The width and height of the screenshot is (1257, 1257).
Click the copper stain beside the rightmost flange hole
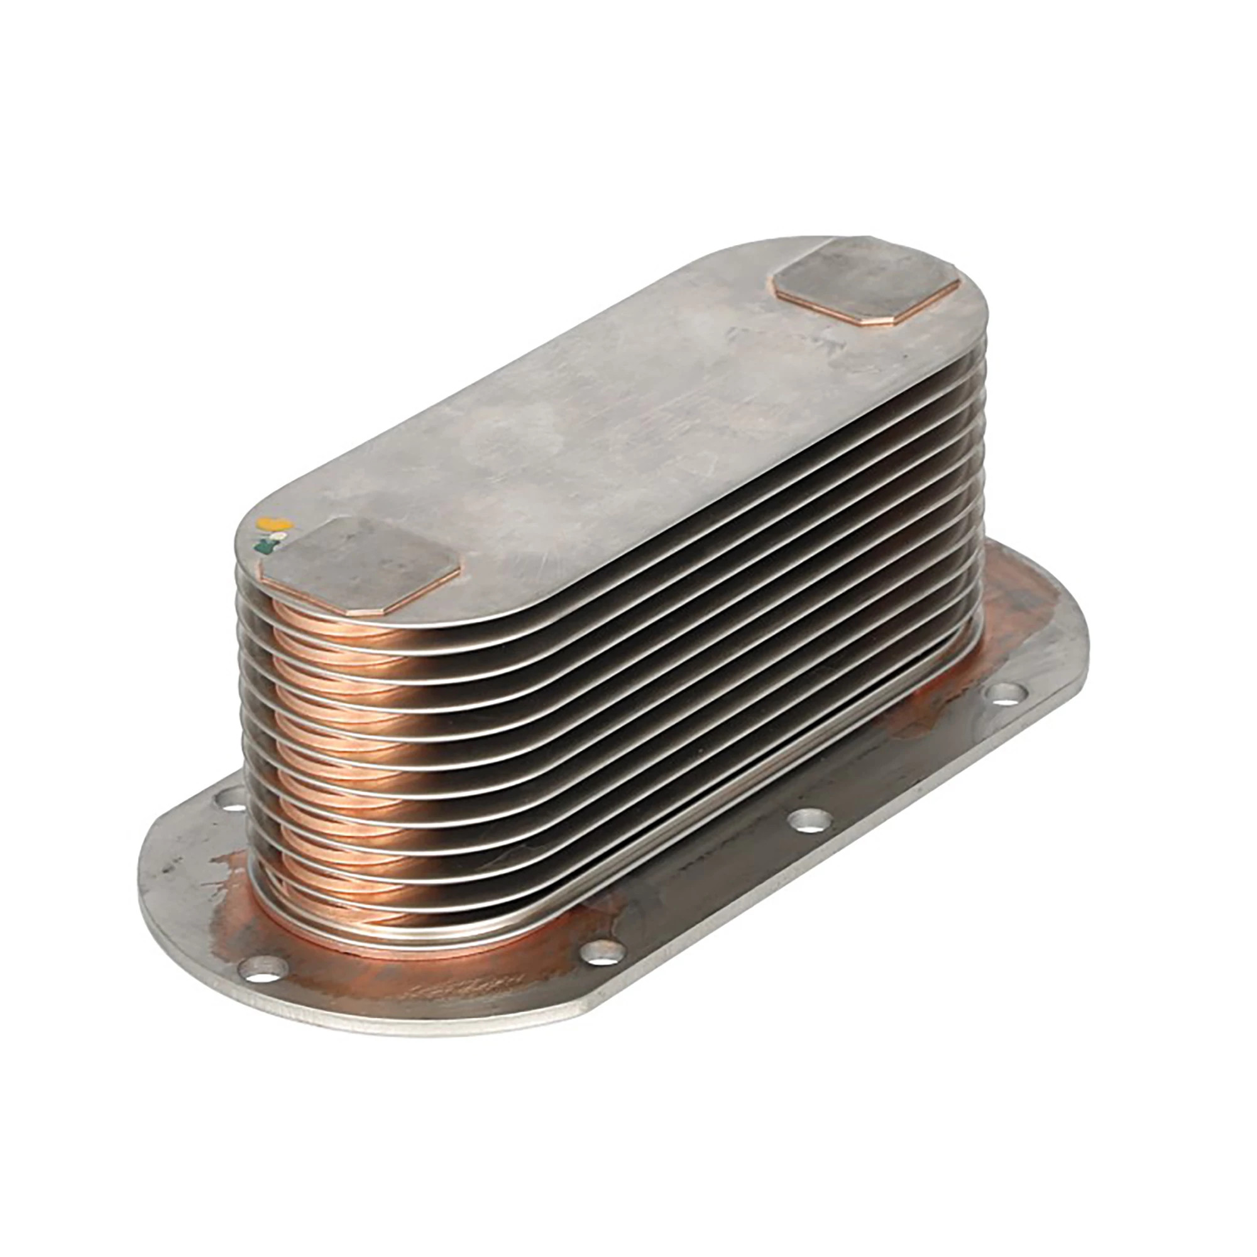(x=937, y=716)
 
